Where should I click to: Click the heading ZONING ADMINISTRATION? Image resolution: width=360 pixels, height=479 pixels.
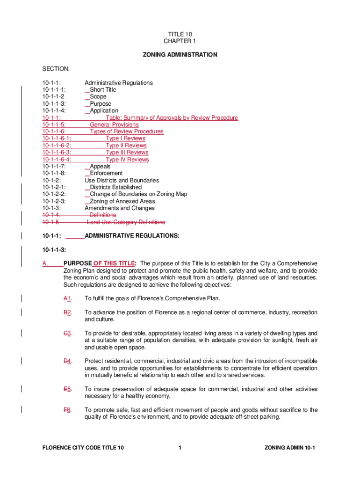[180, 55]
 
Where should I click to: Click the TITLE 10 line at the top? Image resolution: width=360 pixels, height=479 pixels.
[180, 34]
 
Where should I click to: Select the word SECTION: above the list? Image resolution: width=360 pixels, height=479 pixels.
[56, 69]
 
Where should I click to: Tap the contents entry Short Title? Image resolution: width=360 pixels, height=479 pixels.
[103, 90]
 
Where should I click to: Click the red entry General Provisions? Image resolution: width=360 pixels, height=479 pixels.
[114, 125]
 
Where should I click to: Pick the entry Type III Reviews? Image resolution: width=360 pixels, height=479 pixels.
[127, 152]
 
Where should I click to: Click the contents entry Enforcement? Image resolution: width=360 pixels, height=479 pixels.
[106, 174]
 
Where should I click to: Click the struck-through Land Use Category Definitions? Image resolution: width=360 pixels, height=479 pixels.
[126, 222]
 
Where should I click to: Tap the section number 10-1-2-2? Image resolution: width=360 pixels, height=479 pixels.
[54, 194]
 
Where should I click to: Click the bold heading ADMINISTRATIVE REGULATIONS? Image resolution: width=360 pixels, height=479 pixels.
[131, 236]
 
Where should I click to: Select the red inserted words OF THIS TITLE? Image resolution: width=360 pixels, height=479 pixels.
[114, 263]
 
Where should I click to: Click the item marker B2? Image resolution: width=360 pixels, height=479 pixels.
[67, 312]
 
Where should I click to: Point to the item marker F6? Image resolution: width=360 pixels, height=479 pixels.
[67, 410]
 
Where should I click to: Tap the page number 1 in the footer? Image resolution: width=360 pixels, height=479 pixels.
[180, 448]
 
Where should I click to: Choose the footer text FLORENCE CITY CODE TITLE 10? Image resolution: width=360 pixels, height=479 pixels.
[83, 448]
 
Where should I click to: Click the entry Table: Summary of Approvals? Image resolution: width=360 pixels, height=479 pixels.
[172, 118]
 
